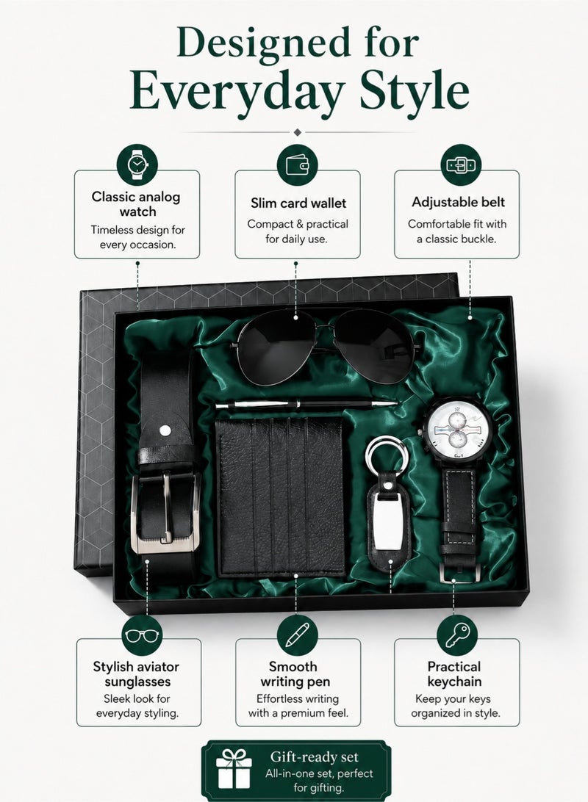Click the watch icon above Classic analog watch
pyautogui.click(x=137, y=165)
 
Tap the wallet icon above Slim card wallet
pyautogui.click(x=298, y=165)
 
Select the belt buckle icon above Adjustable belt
pyautogui.click(x=461, y=165)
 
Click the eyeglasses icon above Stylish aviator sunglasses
pyautogui.click(x=143, y=635)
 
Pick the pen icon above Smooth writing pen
pyautogui.click(x=298, y=635)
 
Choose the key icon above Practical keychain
pyautogui.click(x=457, y=635)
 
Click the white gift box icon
pyautogui.click(x=234, y=769)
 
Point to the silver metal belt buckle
pyautogui.click(x=165, y=513)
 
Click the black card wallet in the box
pyautogui.click(x=281, y=497)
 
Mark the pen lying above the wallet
pyautogui.click(x=306, y=405)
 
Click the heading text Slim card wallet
pyautogui.click(x=298, y=203)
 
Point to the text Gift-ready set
pyautogui.click(x=315, y=757)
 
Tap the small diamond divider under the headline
pyautogui.click(x=298, y=132)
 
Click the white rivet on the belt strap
pyautogui.click(x=165, y=430)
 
